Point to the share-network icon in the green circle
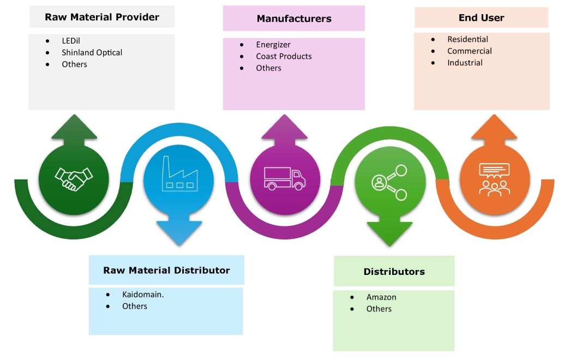tap(389, 182)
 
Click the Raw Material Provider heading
tap(102, 17)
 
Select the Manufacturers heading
tap(294, 19)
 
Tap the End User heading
tap(481, 18)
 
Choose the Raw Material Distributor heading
tap(166, 271)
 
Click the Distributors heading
tap(394, 272)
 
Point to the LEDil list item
tap(71, 41)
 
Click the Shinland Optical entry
tap(92, 53)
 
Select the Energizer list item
tap(273, 45)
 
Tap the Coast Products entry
tap(284, 56)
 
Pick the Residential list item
tap(467, 39)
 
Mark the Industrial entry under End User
tap(465, 63)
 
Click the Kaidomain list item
tap(143, 295)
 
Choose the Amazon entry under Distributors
tap(381, 297)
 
